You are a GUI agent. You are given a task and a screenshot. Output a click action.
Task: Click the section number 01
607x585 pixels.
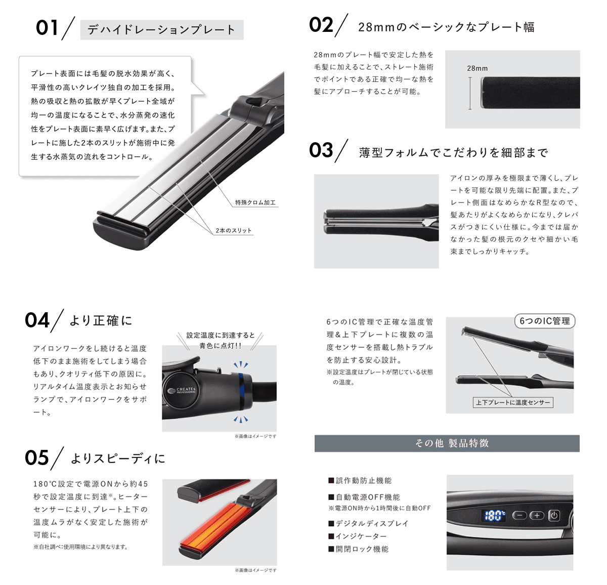point(47,28)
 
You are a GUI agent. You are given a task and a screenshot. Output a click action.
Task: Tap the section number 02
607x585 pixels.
point(321,25)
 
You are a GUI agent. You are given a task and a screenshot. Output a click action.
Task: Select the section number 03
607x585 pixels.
point(321,150)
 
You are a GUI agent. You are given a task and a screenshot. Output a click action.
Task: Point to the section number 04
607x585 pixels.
point(37,320)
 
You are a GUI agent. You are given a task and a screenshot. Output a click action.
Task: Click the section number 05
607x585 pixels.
point(37,458)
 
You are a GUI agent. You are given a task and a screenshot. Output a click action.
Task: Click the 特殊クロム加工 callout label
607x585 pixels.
point(255,202)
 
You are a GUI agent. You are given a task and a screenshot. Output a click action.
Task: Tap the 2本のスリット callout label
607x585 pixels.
point(233,231)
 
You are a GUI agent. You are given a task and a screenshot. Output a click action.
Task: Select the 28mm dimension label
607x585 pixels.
point(477,68)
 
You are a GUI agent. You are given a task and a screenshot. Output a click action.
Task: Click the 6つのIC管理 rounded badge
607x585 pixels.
point(545,321)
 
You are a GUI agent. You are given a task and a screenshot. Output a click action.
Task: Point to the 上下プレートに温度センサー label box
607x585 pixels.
point(513,402)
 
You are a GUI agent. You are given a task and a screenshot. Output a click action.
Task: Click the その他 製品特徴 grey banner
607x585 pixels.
point(447,443)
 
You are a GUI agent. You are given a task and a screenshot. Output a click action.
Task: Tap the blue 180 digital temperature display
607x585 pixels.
point(495,516)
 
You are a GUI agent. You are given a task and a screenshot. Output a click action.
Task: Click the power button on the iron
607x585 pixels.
point(554,516)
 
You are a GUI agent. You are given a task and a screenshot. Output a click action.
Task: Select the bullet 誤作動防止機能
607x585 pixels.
point(360,480)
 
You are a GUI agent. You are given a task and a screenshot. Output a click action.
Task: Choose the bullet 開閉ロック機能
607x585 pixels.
point(359,549)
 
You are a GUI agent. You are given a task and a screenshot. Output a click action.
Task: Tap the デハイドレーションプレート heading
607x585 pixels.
point(161,30)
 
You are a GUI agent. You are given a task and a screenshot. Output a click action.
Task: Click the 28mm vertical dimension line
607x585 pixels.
point(470,93)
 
